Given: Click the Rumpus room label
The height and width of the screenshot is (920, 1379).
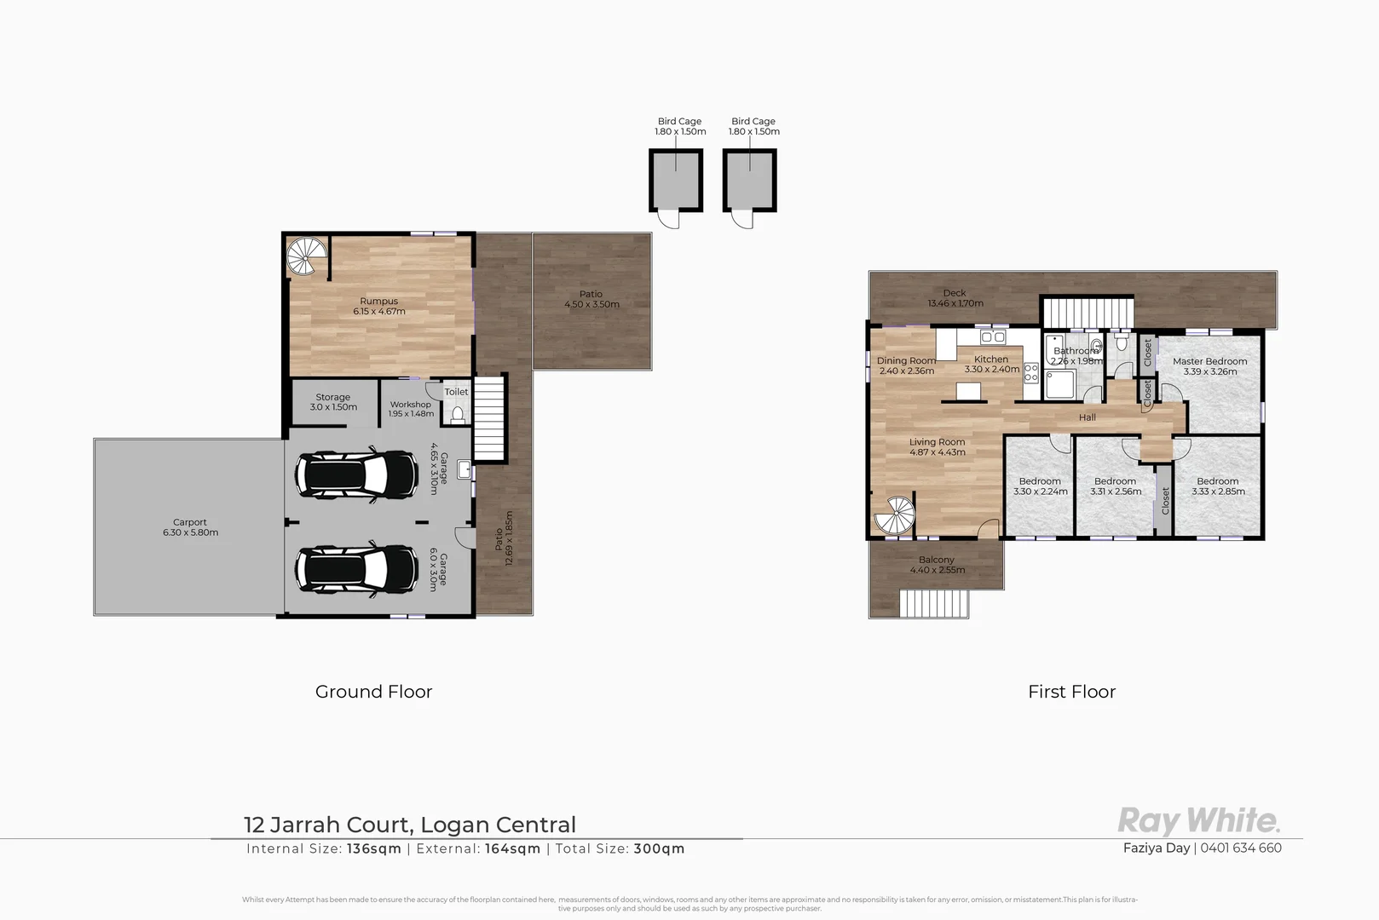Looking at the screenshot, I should coord(378,302).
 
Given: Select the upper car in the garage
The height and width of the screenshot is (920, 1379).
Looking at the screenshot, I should coord(356,474).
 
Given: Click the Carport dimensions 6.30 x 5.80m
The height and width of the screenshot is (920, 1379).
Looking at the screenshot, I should coord(190,533).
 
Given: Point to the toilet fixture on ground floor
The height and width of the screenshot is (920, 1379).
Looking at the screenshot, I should coord(458,414).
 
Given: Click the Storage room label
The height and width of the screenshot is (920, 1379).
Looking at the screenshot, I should coord(332,398).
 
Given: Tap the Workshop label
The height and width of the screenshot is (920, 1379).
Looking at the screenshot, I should coord(410,405).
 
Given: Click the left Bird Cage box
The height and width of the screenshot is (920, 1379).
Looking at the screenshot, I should coord(676,181).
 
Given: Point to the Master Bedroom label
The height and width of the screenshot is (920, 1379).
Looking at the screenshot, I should coord(1209,361).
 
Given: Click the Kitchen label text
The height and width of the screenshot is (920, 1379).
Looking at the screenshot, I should coord(991,359).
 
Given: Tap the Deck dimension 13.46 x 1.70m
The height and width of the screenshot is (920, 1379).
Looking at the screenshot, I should coord(955,303).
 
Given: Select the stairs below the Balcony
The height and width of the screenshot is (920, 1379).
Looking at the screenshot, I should coord(934,604).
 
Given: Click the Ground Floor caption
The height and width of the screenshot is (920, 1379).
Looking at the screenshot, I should coord(373,692).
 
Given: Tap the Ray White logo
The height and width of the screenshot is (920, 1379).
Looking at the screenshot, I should coord(1197,821).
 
